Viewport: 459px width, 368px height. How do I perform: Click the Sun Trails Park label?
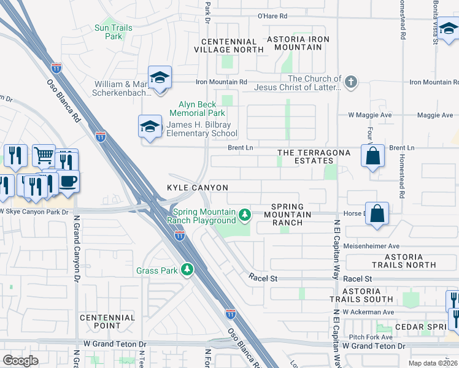(109, 32)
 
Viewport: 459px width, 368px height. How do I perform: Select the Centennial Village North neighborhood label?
(228, 45)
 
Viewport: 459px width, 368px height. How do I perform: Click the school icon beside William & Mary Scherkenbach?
(160, 77)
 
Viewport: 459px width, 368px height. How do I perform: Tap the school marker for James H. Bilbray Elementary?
(150, 126)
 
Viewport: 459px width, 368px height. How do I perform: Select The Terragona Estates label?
(314, 156)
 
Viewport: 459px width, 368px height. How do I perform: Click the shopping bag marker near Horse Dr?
(377, 214)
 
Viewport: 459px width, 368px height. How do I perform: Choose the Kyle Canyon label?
(198, 188)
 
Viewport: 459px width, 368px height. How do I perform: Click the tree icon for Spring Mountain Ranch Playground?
(245, 214)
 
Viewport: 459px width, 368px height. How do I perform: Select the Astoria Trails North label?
(403, 261)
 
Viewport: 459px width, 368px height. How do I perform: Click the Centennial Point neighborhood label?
(107, 321)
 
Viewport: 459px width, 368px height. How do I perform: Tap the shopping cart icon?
(44, 156)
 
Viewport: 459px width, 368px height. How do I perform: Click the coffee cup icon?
(68, 182)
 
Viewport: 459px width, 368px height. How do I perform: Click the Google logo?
(21, 361)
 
